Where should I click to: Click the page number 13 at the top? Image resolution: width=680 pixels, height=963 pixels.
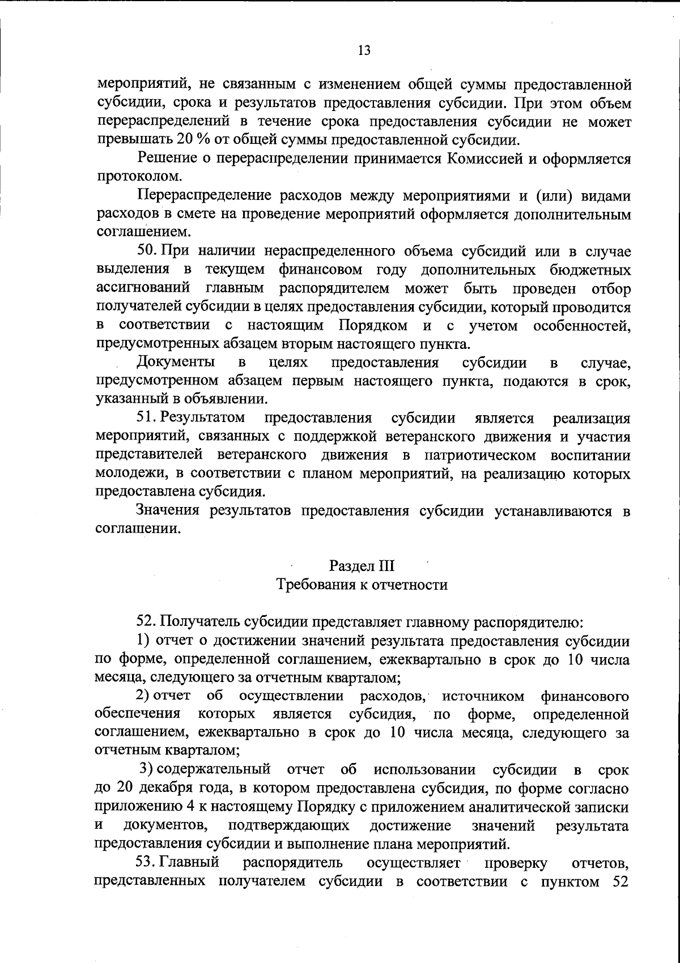(x=364, y=50)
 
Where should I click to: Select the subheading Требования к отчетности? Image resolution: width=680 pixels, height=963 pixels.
(x=362, y=584)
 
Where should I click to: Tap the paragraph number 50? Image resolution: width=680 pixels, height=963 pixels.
(x=147, y=252)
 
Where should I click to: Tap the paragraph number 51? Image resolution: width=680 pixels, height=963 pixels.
(x=146, y=418)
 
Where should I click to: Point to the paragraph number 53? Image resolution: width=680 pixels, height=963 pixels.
(x=146, y=863)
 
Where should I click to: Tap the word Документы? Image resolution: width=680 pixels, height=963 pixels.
(x=175, y=363)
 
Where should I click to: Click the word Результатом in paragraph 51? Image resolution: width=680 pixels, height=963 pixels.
(x=202, y=418)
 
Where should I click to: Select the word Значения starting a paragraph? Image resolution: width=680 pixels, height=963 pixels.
(x=169, y=511)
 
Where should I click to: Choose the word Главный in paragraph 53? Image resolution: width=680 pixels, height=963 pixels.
(x=189, y=863)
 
